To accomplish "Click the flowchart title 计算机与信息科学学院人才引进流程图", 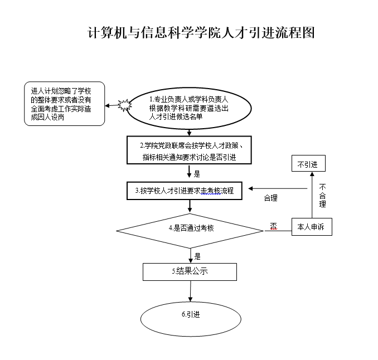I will click(202, 33).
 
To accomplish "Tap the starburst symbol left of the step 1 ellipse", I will click(123, 104).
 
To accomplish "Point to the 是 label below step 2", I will click(197, 173).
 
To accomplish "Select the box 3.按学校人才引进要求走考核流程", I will click(188, 191).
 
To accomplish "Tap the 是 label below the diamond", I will click(197, 257).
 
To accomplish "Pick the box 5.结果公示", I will click(190, 271).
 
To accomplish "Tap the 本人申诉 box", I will click(312, 227).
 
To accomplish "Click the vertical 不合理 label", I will click(322, 196).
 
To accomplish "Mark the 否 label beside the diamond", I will click(273, 226).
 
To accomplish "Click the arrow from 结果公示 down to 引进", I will click(191, 292).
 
